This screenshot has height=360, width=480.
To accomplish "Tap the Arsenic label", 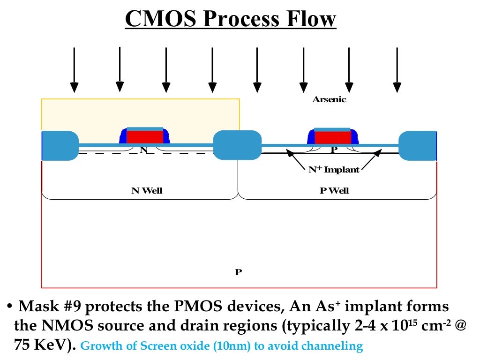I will coord(329,99).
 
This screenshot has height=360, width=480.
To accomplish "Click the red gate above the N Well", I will coord(145,137).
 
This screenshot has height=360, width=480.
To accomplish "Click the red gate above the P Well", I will coord(332,137).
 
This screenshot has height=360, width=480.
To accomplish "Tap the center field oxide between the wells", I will coord(237,145).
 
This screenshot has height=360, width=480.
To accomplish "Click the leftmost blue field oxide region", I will coord(60,145).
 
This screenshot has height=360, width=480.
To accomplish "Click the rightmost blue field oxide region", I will coord(417,145).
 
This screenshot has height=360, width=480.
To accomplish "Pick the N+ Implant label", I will coord(334,170).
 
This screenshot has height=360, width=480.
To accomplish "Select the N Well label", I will coord(147,191).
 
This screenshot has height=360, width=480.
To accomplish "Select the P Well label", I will coord(335,191).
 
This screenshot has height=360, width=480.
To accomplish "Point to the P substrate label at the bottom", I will coord(238,272).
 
